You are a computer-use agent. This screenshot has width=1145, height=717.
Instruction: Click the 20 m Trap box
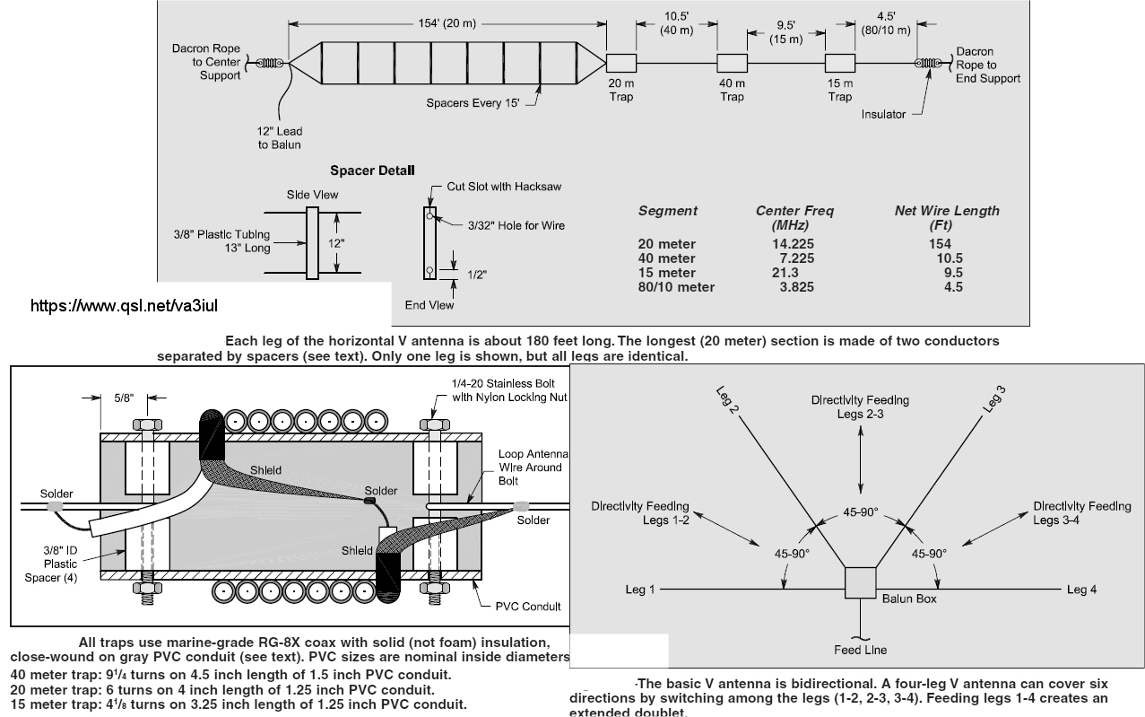pos(620,63)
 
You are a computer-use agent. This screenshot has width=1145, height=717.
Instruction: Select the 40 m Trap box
pos(732,63)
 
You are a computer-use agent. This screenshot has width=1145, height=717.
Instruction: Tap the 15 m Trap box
pos(839,63)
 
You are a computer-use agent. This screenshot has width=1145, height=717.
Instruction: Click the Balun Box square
pos(861,582)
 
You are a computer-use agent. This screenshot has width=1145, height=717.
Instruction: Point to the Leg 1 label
pos(640,590)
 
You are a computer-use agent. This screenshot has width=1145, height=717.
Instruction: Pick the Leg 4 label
pos(1081,590)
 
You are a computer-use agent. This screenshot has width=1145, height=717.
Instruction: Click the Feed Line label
pos(861,650)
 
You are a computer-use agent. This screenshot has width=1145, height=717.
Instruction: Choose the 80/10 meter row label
pos(677,287)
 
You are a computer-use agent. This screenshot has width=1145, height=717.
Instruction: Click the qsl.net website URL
pos(124,306)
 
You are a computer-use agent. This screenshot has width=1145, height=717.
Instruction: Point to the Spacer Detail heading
pos(372,170)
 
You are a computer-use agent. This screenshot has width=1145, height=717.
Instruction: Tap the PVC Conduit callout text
pos(528,607)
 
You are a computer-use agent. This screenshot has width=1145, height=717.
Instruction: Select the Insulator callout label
pos(883,114)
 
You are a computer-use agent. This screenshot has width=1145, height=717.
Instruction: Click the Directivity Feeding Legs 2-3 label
pos(860,406)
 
